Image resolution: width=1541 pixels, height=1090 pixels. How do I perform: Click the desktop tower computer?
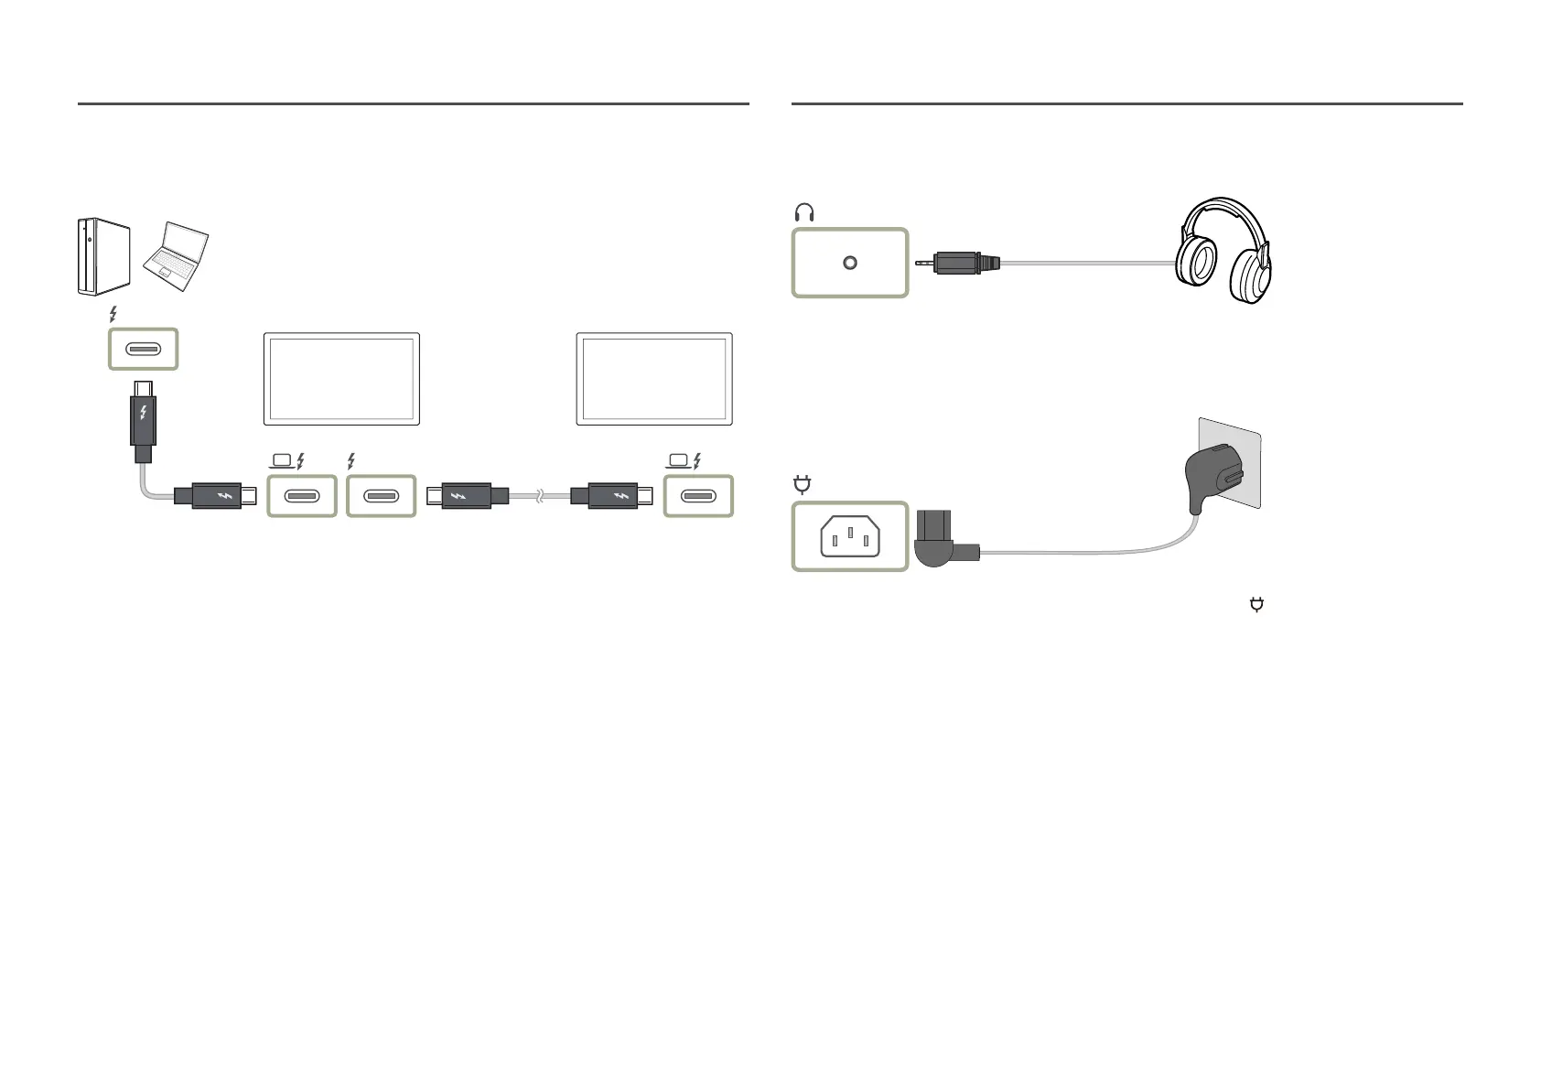click(102, 255)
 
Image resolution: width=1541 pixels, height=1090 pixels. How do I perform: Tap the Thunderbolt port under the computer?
click(144, 349)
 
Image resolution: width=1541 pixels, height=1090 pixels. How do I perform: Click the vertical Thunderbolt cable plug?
click(142, 420)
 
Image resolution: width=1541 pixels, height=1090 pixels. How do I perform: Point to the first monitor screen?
click(341, 378)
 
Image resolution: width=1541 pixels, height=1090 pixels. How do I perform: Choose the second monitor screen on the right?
click(654, 378)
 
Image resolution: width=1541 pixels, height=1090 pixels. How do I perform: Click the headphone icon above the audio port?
click(804, 213)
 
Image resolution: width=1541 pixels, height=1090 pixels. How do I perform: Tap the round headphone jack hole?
click(850, 263)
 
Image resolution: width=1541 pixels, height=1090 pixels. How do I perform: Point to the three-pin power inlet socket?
click(850, 536)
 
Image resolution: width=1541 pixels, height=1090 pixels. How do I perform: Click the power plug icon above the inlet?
click(803, 484)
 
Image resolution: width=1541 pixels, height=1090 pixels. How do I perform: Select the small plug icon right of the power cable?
click(1256, 604)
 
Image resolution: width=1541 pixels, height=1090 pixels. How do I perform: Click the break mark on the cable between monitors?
click(539, 496)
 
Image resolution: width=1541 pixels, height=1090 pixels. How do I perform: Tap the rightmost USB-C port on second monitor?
click(698, 496)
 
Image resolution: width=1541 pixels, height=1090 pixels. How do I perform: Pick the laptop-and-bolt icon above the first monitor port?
click(286, 461)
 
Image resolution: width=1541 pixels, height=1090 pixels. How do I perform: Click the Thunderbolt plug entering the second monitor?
click(610, 496)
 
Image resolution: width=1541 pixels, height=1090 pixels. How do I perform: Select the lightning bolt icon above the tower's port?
click(113, 315)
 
